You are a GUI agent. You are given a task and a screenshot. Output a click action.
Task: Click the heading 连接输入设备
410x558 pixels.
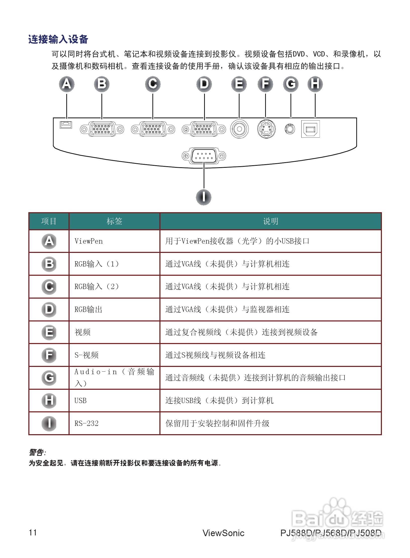click(58, 39)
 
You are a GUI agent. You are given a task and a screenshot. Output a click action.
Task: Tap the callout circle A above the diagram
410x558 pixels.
click(67, 84)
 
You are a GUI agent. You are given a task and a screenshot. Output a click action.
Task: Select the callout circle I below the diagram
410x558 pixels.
click(203, 197)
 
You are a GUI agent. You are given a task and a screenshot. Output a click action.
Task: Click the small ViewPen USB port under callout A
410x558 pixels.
click(66, 125)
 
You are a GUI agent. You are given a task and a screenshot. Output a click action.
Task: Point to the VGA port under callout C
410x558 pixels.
click(153, 129)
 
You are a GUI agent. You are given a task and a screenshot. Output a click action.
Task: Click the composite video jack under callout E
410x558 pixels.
click(239, 129)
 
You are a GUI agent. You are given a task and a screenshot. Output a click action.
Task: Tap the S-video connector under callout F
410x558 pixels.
click(266, 129)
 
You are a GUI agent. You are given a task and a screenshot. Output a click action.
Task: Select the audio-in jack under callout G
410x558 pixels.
click(290, 129)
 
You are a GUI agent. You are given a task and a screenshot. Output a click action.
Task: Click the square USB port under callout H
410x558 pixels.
click(310, 129)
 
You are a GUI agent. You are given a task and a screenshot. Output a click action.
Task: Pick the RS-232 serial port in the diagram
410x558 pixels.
click(204, 156)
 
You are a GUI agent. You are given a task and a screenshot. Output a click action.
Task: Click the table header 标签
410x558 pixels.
click(114, 221)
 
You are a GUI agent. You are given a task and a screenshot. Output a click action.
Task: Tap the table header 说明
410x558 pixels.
click(270, 221)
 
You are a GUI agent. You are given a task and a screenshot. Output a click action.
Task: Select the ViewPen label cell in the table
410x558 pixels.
click(89, 241)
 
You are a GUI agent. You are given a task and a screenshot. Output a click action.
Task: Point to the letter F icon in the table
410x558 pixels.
click(49, 355)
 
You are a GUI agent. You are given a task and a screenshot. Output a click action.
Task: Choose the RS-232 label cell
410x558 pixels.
click(86, 424)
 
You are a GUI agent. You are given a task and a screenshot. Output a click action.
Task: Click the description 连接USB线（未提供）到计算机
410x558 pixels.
click(219, 401)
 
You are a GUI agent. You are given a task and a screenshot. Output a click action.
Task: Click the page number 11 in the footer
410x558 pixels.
click(33, 532)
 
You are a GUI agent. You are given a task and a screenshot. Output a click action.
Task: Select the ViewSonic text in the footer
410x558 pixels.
click(223, 533)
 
